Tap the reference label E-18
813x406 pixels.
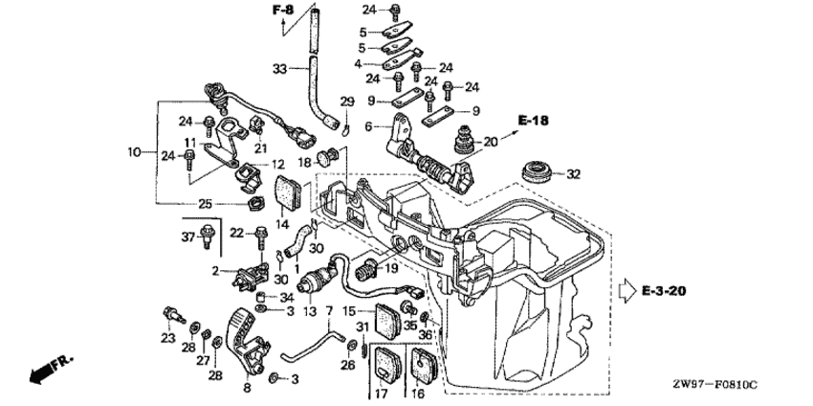(x=534, y=120)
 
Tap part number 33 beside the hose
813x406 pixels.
(x=279, y=69)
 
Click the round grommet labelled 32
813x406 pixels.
(x=537, y=175)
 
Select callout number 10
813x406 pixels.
(x=134, y=151)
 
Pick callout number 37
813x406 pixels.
(x=188, y=236)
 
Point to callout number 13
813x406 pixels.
(x=309, y=312)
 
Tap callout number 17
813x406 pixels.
(x=380, y=392)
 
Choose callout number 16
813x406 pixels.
(x=417, y=392)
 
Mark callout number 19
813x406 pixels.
(x=390, y=270)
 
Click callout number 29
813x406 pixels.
(x=347, y=101)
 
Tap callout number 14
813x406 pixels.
(x=283, y=223)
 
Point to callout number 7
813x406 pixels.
(x=328, y=312)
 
